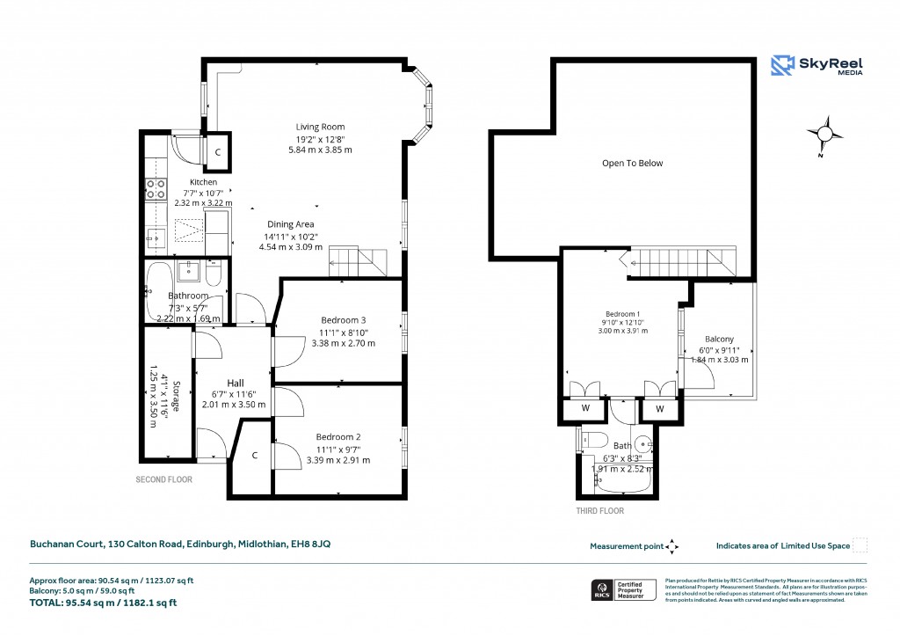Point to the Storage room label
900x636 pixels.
[176, 396]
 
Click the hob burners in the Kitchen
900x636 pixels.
[156, 188]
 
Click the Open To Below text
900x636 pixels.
[632, 163]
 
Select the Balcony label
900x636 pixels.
[719, 340]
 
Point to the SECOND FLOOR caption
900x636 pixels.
[163, 480]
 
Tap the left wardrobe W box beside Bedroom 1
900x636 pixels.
[584, 408]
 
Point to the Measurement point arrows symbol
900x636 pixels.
[671, 546]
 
